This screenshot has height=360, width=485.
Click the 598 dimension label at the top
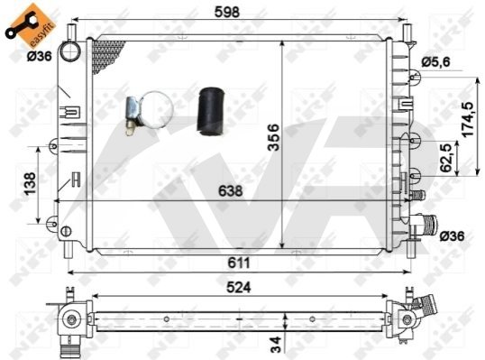point(227,12)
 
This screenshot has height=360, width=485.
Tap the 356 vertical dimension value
point(273,137)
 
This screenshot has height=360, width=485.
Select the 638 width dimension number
point(231,191)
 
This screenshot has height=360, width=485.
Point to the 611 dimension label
point(239,263)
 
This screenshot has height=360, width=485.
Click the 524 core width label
point(239,288)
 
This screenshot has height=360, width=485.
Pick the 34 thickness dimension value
point(275,345)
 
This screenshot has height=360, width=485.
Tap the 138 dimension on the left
point(30,183)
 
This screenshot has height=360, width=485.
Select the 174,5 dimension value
point(468,119)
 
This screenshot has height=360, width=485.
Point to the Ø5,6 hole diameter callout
point(435,62)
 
